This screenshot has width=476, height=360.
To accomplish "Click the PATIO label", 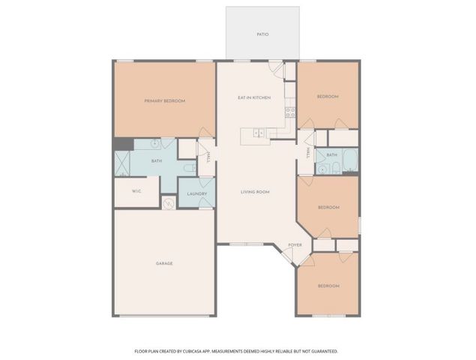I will point(262,34).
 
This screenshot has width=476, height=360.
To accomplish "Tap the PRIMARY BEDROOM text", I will point(164,100).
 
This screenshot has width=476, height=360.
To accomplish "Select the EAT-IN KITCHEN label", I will point(254,97).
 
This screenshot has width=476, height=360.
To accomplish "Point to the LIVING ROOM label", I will point(255,192).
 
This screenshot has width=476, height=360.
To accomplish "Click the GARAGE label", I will point(164,263).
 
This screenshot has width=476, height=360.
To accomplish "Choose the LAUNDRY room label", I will point(196,193).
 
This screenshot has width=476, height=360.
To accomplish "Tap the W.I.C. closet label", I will point(136,191).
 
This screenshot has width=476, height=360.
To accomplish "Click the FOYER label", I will point(295,244).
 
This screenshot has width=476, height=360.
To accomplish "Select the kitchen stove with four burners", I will point(289,113).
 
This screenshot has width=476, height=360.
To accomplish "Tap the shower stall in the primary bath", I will point(122,163).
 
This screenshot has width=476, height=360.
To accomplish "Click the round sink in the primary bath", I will point(154,142).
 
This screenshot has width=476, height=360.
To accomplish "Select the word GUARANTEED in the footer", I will point(322,350).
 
